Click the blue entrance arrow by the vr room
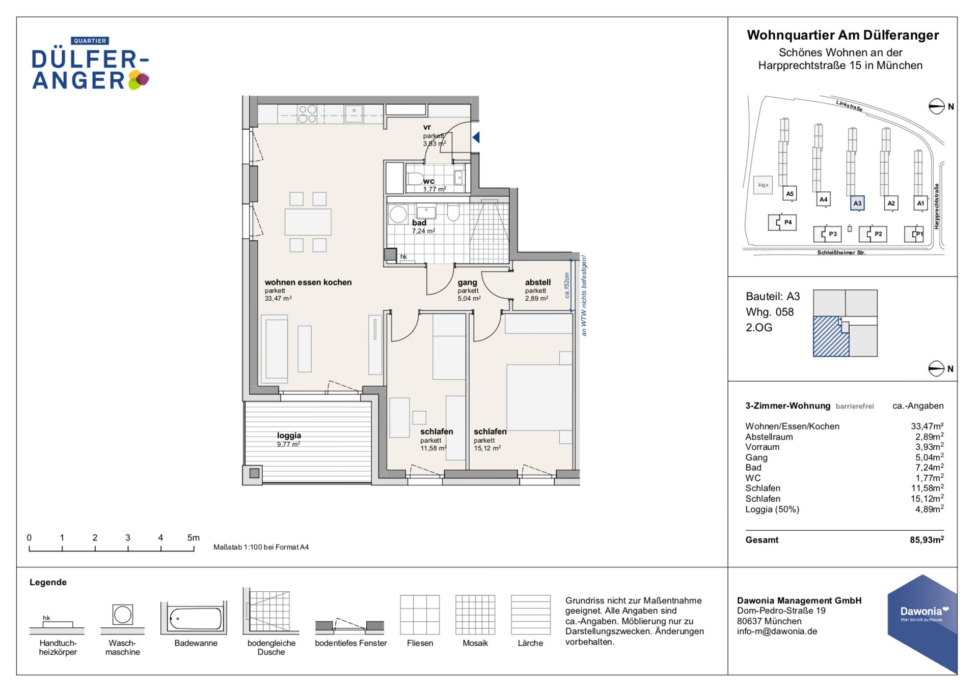tap(476, 137)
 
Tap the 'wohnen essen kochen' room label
tap(308, 282)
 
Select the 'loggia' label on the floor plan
tap(289, 436)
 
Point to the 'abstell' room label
tap(538, 282)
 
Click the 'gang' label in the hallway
tap(467, 282)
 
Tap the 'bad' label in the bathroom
tap(419, 223)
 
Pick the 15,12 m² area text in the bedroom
tap(487, 448)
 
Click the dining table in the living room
tap(308, 222)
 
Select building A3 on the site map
tap(857, 203)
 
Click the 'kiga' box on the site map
tap(763, 185)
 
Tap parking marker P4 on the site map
tap(783, 222)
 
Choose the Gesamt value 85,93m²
tap(927, 540)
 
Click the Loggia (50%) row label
tap(772, 509)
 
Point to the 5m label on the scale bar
tap(194, 538)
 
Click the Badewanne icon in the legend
tap(194, 618)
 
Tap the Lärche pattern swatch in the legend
tap(531, 615)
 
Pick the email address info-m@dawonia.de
tap(777, 631)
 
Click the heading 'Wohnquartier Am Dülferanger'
tap(843, 35)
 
